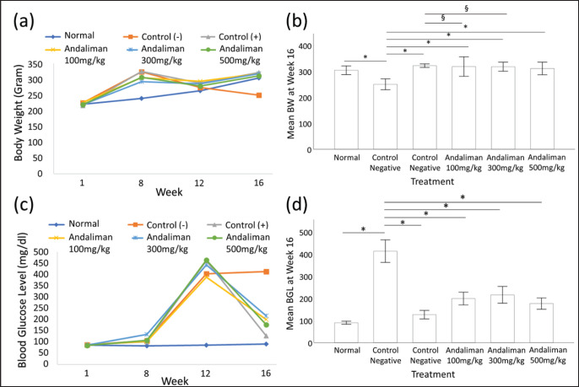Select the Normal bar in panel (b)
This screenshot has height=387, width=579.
pyautogui.click(x=344, y=110)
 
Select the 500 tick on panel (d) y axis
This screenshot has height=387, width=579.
pyautogui.click(x=322, y=233)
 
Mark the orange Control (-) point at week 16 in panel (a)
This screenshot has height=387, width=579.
pyautogui.click(x=259, y=95)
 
